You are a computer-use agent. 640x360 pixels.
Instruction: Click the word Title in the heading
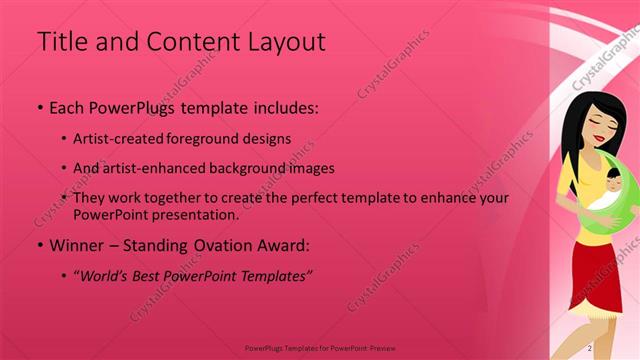59,42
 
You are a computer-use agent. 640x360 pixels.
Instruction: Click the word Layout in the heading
288,42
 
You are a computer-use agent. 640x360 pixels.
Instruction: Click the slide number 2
590,347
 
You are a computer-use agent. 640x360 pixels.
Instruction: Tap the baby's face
612,184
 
